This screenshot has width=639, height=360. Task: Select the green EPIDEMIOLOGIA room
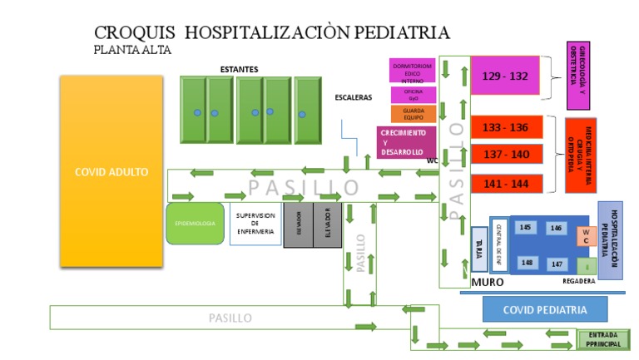(195, 223)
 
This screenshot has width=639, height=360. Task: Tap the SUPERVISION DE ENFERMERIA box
(255, 223)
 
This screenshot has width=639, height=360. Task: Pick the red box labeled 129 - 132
(505, 76)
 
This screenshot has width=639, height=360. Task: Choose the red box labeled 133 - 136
(505, 127)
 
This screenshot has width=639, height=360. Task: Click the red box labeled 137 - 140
(505, 155)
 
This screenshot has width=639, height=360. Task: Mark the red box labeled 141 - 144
(505, 183)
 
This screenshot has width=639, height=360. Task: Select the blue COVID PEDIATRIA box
(544, 309)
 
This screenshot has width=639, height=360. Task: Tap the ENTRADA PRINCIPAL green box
(602, 339)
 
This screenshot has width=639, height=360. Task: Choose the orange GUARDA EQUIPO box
(413, 114)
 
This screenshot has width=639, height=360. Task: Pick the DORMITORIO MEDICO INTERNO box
(412, 71)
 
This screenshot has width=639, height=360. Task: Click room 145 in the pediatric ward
(525, 228)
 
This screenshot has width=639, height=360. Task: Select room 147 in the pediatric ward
(556, 264)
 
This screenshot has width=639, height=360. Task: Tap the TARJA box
(478, 249)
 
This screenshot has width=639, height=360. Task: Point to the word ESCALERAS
(353, 97)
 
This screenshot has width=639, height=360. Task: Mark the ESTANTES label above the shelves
(239, 69)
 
